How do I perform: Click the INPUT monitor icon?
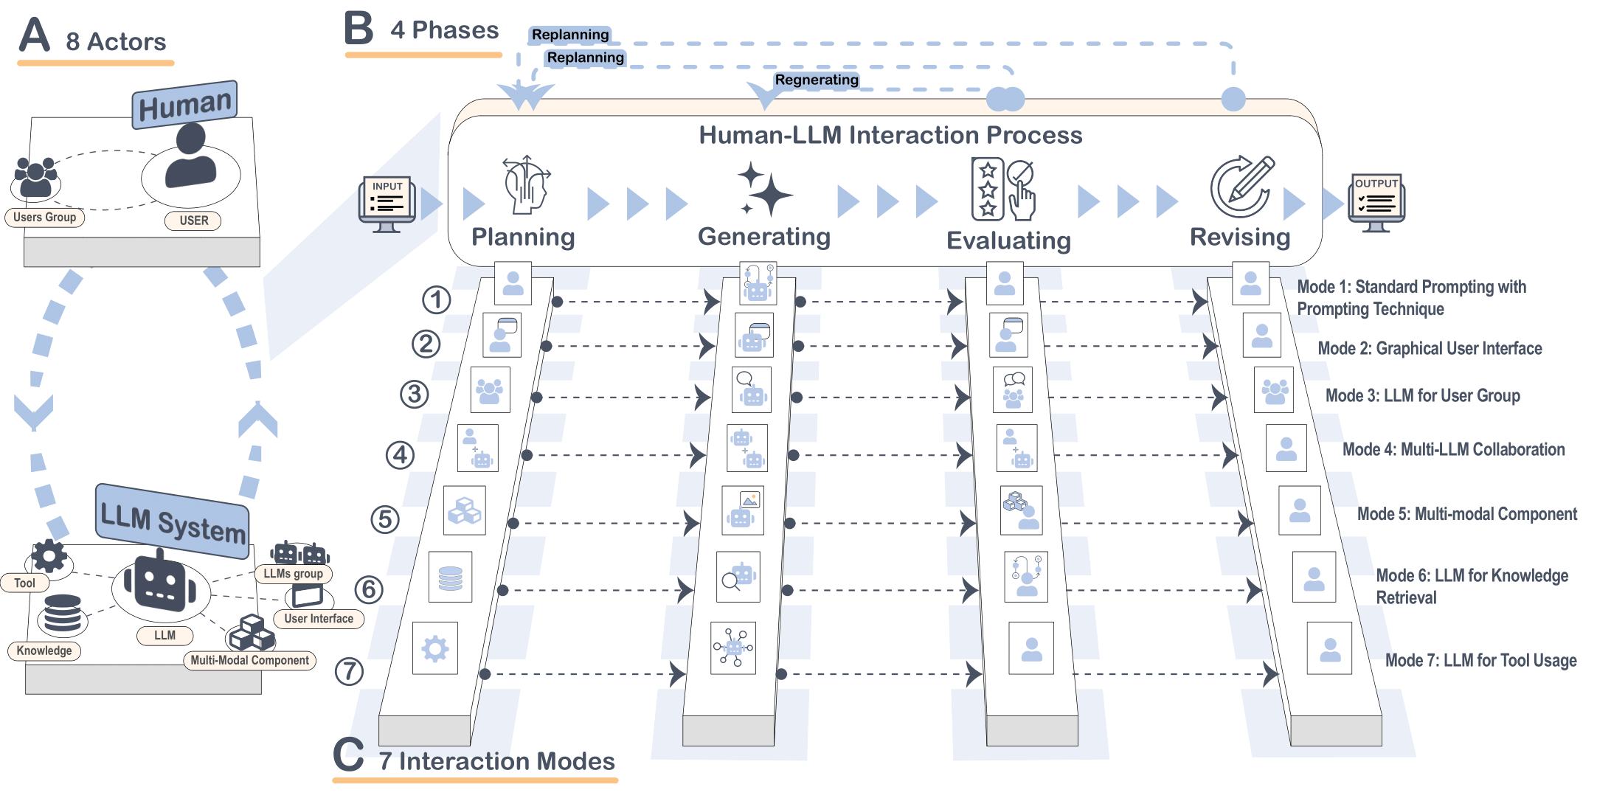(387, 204)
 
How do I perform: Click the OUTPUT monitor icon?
(1376, 202)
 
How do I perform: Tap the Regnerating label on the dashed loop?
(816, 80)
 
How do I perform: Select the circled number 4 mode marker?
(400, 455)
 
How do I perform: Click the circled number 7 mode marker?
(349, 672)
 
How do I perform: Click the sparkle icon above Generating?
(764, 190)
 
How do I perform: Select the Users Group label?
(45, 218)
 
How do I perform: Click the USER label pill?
(193, 221)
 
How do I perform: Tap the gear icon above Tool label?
(49, 555)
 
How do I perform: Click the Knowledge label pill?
(44, 651)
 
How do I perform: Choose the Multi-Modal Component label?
(249, 660)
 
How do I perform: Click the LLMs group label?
(293, 573)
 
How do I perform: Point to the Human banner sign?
(185, 105)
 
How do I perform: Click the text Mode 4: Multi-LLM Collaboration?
(1452, 449)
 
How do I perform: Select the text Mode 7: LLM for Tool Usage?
(1480, 660)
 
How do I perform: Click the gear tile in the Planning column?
(434, 648)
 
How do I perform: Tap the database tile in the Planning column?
(450, 578)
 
